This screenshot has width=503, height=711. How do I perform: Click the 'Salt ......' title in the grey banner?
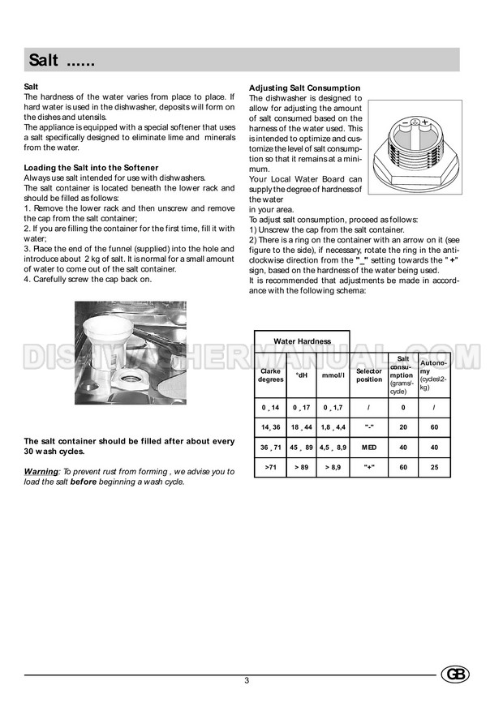(x=62, y=59)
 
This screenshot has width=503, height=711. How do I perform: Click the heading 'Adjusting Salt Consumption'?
(x=304, y=88)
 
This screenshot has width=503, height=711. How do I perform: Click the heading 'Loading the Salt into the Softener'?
(x=91, y=168)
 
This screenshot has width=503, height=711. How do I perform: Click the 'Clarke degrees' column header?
(x=270, y=375)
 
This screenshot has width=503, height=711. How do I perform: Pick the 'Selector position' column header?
(x=369, y=375)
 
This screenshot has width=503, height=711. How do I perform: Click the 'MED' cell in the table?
(x=369, y=447)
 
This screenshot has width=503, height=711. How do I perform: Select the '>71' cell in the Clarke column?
(x=270, y=467)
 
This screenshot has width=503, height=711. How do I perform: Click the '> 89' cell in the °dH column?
(x=302, y=467)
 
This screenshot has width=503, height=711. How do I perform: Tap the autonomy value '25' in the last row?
(x=434, y=467)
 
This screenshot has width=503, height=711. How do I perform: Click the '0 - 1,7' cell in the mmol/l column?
(x=333, y=406)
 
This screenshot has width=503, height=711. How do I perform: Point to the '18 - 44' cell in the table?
(x=302, y=426)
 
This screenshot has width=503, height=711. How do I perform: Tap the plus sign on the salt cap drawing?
(x=424, y=122)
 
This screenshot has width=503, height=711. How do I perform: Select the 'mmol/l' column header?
(x=333, y=375)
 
